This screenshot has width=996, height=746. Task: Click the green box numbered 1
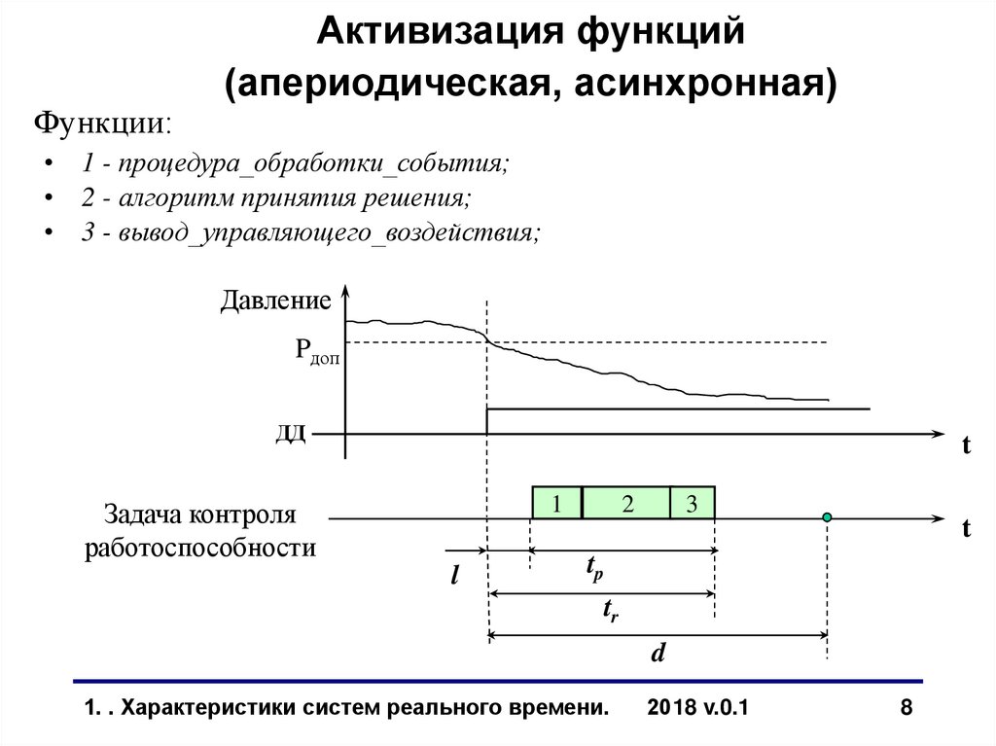coord(556,503)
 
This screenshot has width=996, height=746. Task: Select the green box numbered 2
coord(626,503)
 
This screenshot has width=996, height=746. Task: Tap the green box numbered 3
coord(692,503)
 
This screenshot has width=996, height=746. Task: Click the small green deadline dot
coord(827,517)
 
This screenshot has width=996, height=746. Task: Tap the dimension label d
coord(658,653)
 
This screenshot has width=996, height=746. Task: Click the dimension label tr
coord(610,611)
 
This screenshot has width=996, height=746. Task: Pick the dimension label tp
coord(593,569)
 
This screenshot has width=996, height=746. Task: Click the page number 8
coord(907,708)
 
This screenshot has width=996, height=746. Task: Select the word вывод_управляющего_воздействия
coord(327,233)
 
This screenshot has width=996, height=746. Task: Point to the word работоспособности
coord(200,548)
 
